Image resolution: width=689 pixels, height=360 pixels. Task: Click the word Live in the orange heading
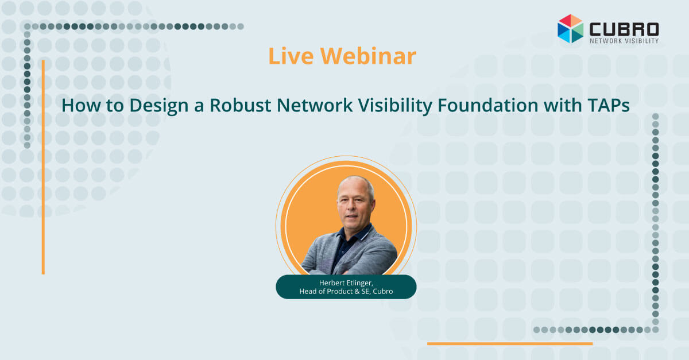pos(291,56)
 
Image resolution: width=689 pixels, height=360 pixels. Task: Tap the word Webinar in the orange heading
pos(368,56)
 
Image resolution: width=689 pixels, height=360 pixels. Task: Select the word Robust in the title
pos(240,105)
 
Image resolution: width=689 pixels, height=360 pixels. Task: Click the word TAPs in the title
pos(609,105)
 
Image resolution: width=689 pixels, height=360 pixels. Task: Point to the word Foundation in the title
pos(487,105)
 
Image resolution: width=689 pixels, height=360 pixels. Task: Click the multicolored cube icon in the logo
pos(570,29)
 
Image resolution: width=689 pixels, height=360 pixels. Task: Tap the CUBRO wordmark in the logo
pos(624,29)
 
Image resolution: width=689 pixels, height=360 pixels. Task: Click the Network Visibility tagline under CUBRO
pos(624,41)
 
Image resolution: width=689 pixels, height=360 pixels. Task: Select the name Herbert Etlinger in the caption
pos(346,282)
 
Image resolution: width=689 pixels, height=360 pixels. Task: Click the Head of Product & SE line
pos(346,291)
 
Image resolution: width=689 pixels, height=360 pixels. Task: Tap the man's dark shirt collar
pos(354,235)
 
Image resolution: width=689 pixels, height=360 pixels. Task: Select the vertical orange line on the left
pos(44,167)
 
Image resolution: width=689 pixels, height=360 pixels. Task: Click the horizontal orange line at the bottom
pos(510,344)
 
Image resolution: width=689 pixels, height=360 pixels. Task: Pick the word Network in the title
pos(315,105)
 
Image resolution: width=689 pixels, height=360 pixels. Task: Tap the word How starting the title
pos(81,105)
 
